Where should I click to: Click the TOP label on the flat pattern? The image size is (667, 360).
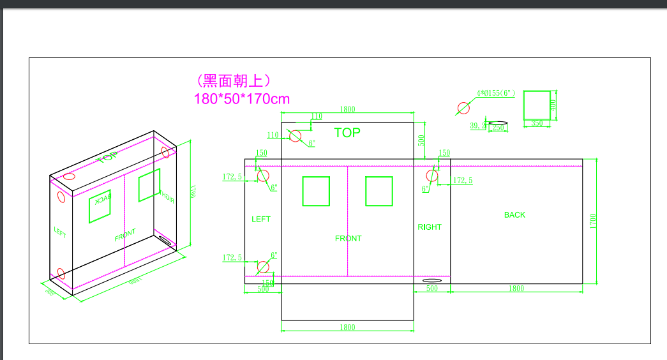tap(347, 133)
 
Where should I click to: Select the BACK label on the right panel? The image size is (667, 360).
tap(514, 215)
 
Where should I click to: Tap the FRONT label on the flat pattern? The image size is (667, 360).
tap(348, 239)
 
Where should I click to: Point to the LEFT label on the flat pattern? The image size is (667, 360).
tap(261, 219)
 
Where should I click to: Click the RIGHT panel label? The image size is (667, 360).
tap(430, 227)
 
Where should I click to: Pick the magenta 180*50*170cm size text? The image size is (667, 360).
tap(242, 99)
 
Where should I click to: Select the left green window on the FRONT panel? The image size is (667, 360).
tap(316, 191)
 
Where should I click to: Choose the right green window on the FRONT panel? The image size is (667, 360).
tap(379, 191)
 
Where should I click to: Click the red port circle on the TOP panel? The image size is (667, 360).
tap(295, 136)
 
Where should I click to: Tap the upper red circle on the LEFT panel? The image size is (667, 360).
tap(263, 176)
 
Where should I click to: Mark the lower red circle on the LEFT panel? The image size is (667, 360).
tap(263, 267)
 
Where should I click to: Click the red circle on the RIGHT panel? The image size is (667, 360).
tap(432, 176)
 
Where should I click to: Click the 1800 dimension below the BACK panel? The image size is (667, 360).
tap(516, 289)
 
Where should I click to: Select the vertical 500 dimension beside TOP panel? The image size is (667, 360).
tap(421, 140)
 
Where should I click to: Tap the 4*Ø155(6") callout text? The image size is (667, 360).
tap(496, 93)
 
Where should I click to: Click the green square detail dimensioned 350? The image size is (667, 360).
tap(537, 105)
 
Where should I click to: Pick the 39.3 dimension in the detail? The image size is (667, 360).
tap(477, 126)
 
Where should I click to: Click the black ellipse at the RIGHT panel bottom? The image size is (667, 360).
tap(432, 280)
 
